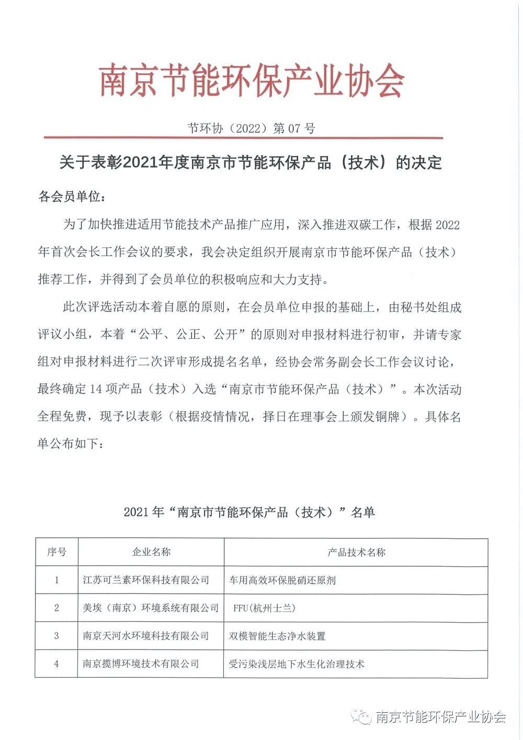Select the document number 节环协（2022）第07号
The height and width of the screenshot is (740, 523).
coord(251,128)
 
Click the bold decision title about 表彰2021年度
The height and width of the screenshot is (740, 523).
coord(251,163)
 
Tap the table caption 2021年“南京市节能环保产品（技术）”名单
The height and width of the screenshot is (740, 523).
coord(249,512)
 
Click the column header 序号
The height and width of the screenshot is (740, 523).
coord(56,552)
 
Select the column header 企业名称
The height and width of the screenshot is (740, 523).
coord(151,552)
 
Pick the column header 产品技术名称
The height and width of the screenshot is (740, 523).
coord(356,552)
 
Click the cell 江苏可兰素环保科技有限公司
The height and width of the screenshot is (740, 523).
coord(146,580)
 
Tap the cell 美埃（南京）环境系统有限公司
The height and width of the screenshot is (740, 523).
coord(151,608)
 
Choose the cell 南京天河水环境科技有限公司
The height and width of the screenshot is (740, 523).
coord(146,636)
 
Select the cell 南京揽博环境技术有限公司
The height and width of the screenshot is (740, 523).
coord(141,664)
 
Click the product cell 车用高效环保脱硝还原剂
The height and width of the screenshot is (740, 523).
coord(282,580)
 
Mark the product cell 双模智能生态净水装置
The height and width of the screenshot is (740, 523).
coord(278,636)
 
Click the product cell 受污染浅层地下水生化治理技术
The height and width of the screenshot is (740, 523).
coord(297,664)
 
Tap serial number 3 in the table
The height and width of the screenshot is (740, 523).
coord(56,636)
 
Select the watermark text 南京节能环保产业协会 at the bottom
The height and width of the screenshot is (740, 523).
coord(441,716)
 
